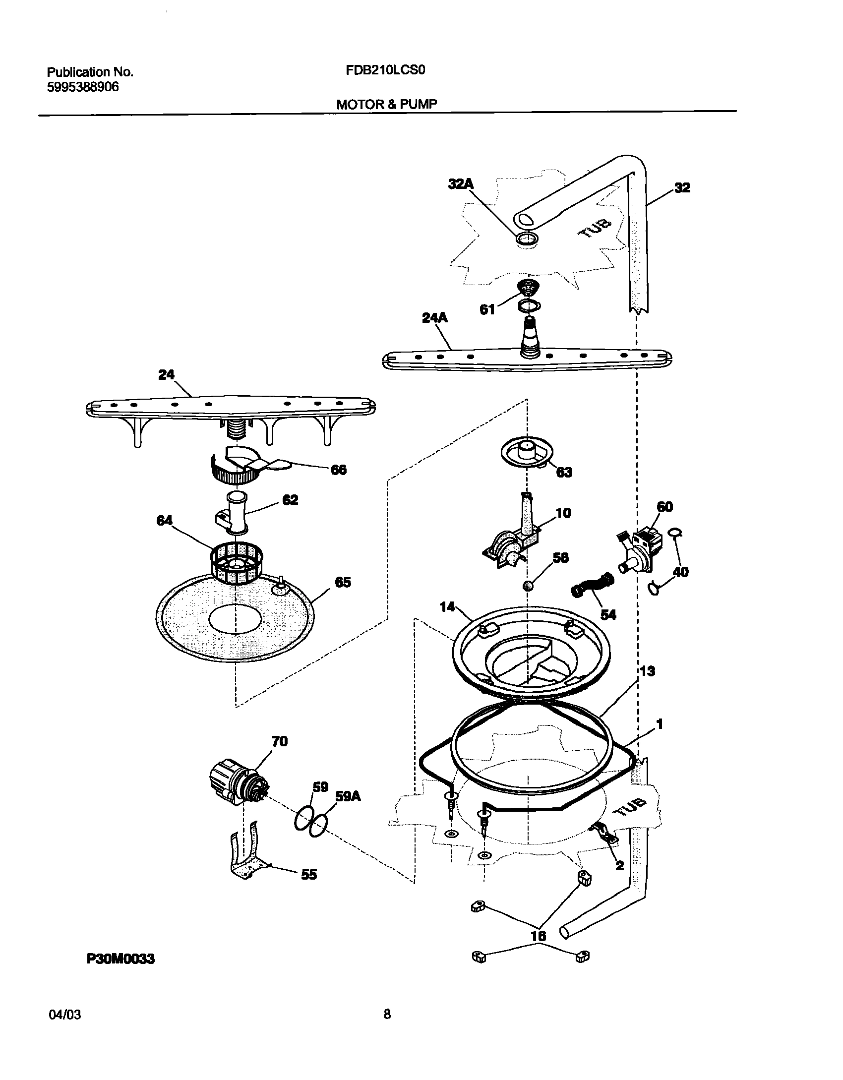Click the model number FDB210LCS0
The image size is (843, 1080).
[385, 70]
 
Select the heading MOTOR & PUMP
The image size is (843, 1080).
[387, 105]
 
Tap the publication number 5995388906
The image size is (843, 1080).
[83, 87]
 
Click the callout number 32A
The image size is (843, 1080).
[461, 184]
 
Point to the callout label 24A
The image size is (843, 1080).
[434, 318]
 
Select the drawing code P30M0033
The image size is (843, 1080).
[120, 959]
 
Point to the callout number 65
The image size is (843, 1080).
[343, 583]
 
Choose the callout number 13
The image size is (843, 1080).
[647, 671]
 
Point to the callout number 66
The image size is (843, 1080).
[339, 470]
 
